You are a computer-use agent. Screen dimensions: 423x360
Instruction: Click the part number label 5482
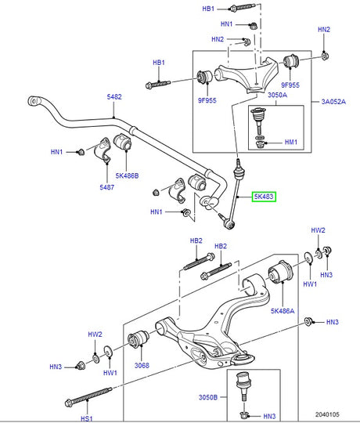click(114, 97)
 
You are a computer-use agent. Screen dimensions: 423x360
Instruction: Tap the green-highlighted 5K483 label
click(263, 197)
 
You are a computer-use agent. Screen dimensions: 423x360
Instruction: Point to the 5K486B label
click(127, 177)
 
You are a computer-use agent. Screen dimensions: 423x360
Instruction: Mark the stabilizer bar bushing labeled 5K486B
click(123, 143)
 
